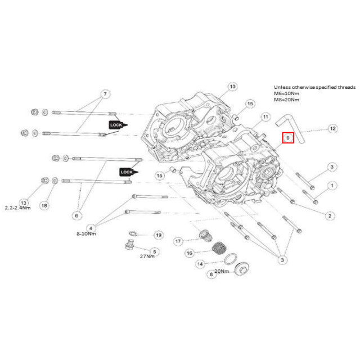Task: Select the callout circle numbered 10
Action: point(232,87)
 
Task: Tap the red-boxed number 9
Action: point(287,137)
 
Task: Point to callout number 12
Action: point(332,128)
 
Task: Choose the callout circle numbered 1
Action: point(332,184)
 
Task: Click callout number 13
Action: point(24,202)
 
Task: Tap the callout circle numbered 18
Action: point(44,205)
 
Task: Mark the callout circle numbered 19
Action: point(159,235)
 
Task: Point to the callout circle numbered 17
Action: point(178,241)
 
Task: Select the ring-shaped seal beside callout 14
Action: point(229,259)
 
